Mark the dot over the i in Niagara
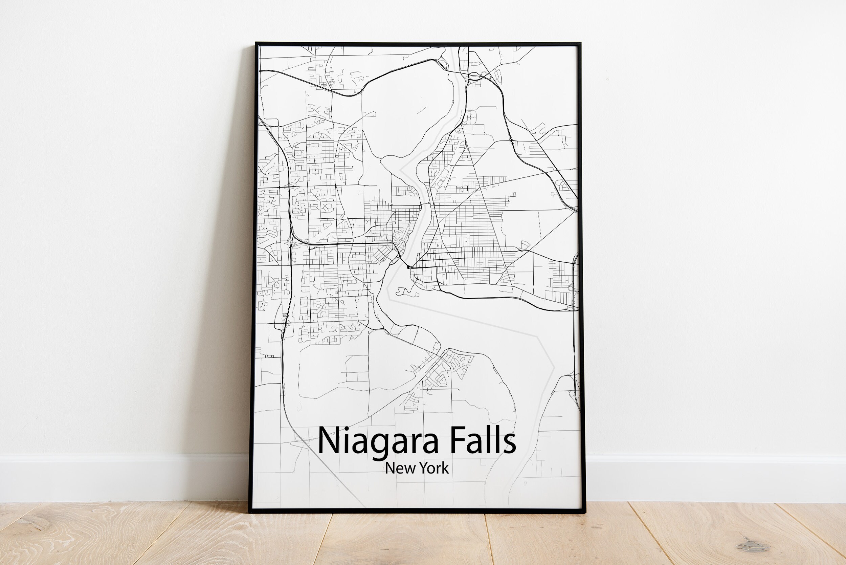pyautogui.click(x=345, y=429)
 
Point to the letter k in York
pyautogui.click(x=446, y=468)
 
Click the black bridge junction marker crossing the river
pyautogui.click(x=408, y=267)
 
